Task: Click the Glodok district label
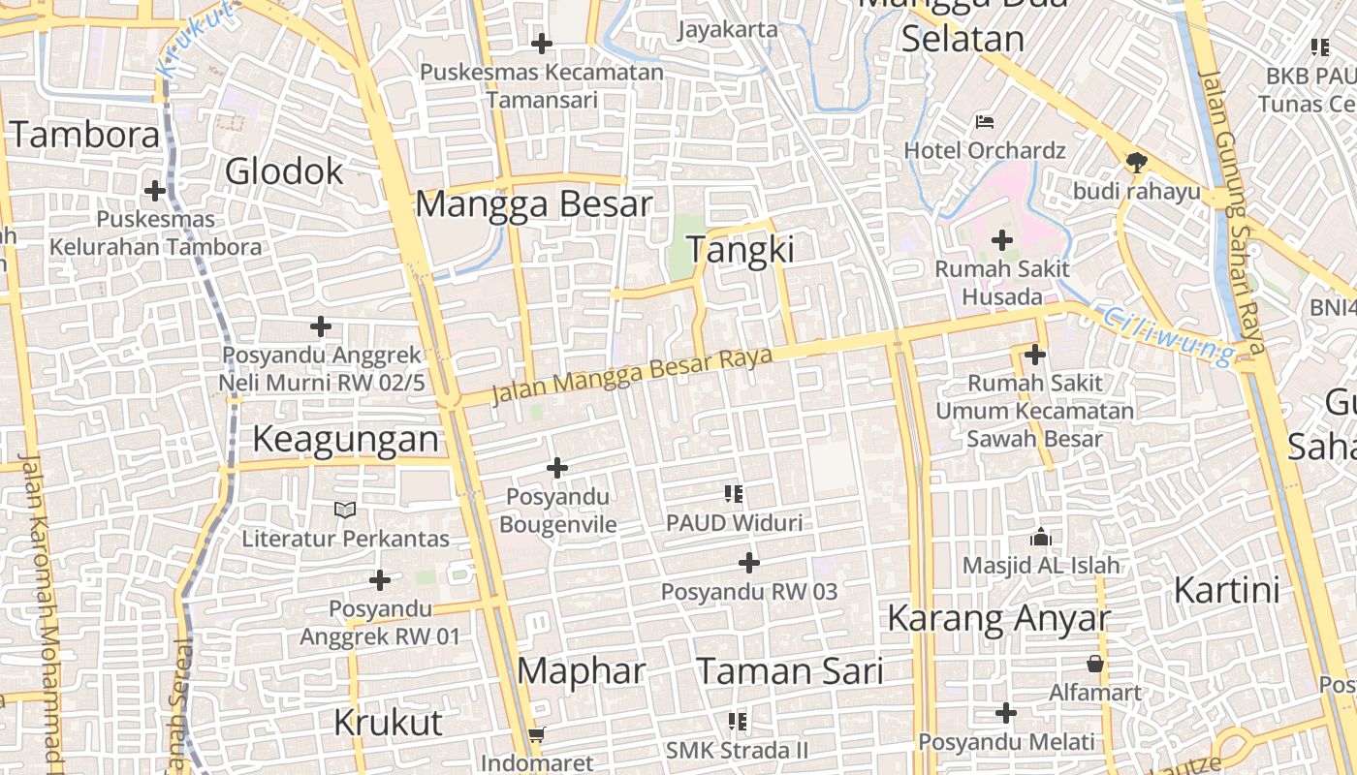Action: pyautogui.click(x=284, y=171)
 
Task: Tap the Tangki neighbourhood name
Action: pyautogui.click(x=741, y=250)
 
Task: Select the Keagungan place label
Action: pyautogui.click(x=345, y=439)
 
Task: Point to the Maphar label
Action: pyautogui.click(x=581, y=670)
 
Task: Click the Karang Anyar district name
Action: pyautogui.click(x=998, y=618)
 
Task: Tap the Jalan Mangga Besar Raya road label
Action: pyautogui.click(x=632, y=376)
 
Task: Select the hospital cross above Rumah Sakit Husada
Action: pyautogui.click(x=1002, y=239)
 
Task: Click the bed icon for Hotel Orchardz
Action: pyautogui.click(x=985, y=122)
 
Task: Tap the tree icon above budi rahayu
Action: pyautogui.click(x=1136, y=162)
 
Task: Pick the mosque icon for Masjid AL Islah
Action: pyautogui.click(x=1041, y=537)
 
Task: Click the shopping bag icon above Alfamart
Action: pyautogui.click(x=1095, y=664)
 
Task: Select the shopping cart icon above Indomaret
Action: pyautogui.click(x=537, y=735)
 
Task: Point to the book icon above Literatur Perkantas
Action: pyautogui.click(x=345, y=510)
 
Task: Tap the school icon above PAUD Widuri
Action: pyautogui.click(x=734, y=495)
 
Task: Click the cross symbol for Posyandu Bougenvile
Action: pyautogui.click(x=557, y=469)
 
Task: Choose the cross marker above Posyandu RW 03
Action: pyautogui.click(x=749, y=562)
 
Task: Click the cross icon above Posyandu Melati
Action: pyautogui.click(x=1006, y=714)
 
